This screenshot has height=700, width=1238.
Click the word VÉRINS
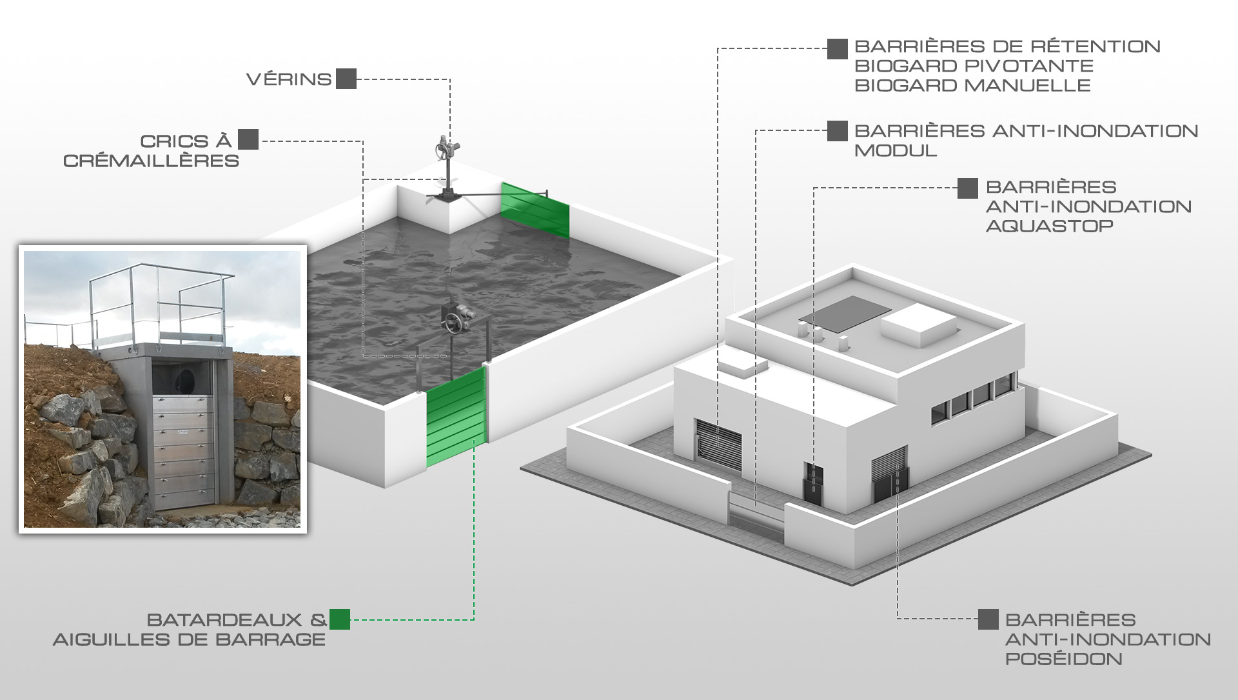289,79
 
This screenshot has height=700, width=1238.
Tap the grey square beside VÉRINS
346,79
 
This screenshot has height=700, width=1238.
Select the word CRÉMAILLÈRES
152,161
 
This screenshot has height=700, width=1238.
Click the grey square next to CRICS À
248,139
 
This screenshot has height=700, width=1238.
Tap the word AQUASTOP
1050,226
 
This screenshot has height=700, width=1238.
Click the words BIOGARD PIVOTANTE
974,66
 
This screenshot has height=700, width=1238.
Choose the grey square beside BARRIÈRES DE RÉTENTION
838,49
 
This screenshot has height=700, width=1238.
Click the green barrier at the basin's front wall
456,417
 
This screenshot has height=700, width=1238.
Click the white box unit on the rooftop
918,326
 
